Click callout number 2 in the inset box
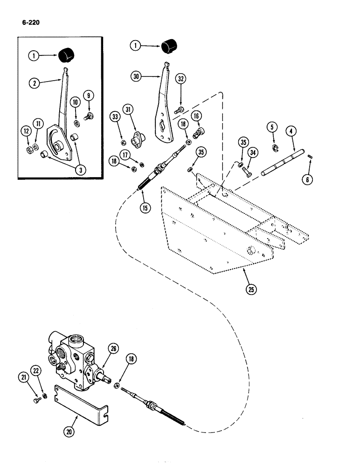coord(33,84)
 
